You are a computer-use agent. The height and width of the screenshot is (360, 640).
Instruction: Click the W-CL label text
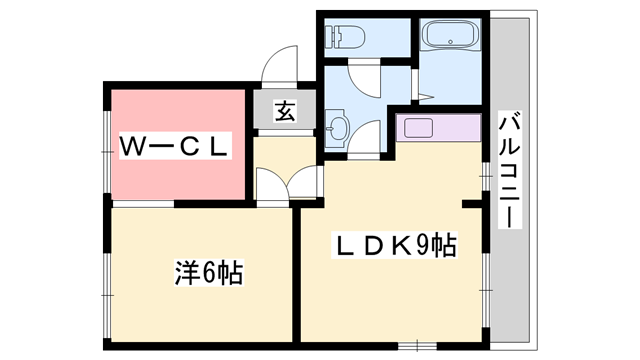pos(176,147)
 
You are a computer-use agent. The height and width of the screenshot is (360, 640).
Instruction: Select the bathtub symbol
pos(453,38)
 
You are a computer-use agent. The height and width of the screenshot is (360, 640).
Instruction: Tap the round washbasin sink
pos(338,128)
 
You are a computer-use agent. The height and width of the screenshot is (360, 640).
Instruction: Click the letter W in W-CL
pos(134,147)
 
